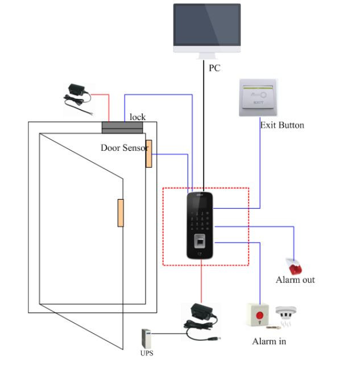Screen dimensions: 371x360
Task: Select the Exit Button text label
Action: pyautogui.click(x=282, y=125)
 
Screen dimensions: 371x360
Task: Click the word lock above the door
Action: pyautogui.click(x=137, y=117)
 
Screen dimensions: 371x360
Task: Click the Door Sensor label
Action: pyautogui.click(x=124, y=147)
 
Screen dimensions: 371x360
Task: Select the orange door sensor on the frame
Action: pyautogui.click(x=148, y=153)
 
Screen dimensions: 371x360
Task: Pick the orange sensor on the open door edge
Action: pyautogui.click(x=121, y=213)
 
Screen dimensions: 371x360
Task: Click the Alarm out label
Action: pyautogui.click(x=295, y=280)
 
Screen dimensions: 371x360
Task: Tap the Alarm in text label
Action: pyautogui.click(x=269, y=341)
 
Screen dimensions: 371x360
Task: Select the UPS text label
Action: pyautogui.click(x=147, y=353)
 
